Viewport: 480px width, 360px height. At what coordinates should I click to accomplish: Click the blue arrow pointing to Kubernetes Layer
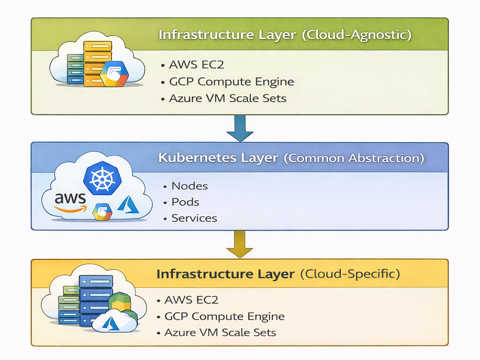pos(240,128)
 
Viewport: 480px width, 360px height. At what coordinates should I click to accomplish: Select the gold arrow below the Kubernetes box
pos(240,245)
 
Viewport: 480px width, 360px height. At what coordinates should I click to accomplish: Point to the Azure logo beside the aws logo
pos(128,205)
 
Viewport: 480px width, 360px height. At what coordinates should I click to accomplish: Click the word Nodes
pos(189,186)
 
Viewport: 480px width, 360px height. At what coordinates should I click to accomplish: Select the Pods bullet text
pos(185,202)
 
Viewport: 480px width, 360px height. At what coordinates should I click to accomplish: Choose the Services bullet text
pos(194,218)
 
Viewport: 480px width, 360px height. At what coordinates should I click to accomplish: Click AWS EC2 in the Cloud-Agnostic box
pos(194,65)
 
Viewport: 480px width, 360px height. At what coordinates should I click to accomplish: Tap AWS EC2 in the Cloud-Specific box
pos(191,300)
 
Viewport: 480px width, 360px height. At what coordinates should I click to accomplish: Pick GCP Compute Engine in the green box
pos(232,82)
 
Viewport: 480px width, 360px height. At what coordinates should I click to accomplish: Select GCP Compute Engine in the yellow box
pos(225,316)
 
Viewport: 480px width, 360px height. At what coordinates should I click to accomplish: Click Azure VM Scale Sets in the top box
pos(228,98)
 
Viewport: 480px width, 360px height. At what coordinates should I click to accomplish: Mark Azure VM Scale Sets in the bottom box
pos(220,333)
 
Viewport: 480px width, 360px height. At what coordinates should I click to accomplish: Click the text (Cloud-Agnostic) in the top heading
pos(357,36)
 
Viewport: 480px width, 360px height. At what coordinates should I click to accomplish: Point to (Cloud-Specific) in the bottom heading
pos(350,274)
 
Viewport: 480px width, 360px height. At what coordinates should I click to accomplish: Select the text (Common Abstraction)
pos(354,158)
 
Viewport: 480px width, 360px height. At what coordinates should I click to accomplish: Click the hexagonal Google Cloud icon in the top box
pos(113,74)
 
